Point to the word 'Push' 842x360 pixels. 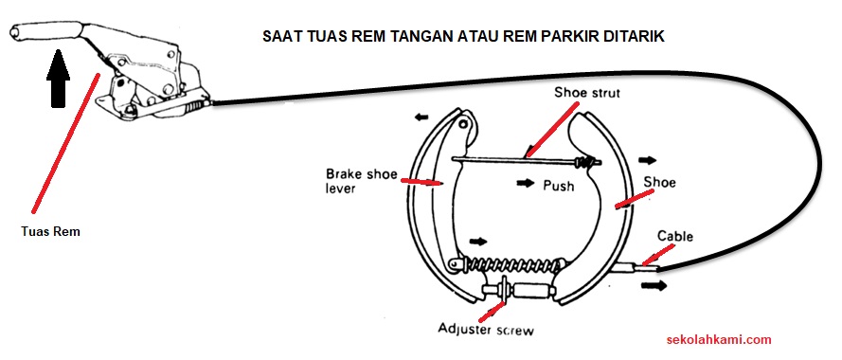(x=559, y=186)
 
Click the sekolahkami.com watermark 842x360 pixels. (x=720, y=339)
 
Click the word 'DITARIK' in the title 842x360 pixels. (x=625, y=37)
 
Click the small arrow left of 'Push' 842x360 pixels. (x=525, y=183)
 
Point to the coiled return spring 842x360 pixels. (x=511, y=261)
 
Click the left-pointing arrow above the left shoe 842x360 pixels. (x=419, y=118)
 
